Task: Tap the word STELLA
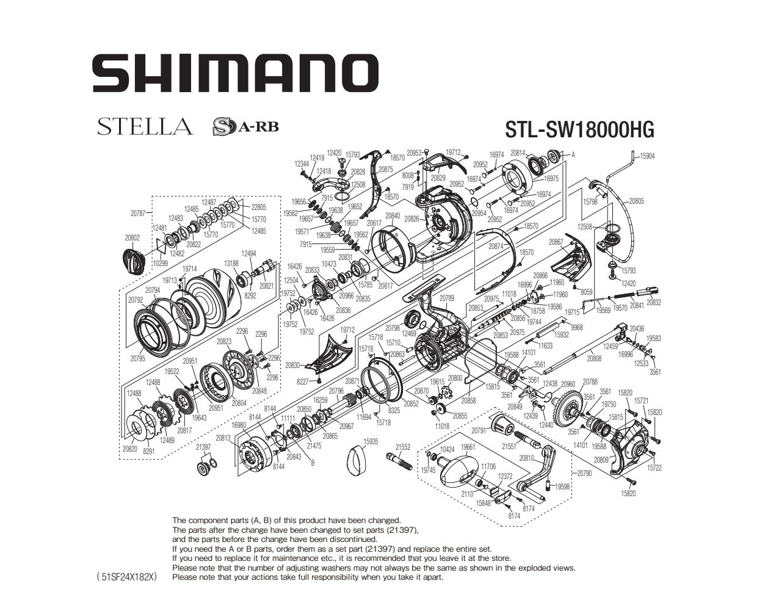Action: point(145,127)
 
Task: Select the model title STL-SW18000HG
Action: point(579,129)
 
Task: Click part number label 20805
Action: point(636,201)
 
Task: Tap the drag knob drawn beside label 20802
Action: point(134,261)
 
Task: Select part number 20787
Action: point(138,214)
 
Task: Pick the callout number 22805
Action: point(259,207)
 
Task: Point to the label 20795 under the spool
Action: point(137,358)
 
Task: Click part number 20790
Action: point(584,473)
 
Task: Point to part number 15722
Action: point(654,468)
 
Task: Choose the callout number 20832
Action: point(654,303)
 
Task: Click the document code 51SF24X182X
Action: point(126,576)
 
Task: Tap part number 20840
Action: point(393,216)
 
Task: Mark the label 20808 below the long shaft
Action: point(594,359)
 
